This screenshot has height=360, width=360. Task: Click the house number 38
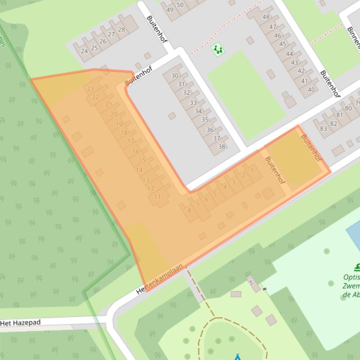point(222,146)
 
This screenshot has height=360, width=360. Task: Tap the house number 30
point(175,76)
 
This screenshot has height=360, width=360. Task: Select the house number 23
point(90,89)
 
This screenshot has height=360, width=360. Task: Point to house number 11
point(157,197)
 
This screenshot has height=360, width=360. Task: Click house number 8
point(189,210)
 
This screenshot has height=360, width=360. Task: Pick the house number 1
point(252,170)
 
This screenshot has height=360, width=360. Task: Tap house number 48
point(266,17)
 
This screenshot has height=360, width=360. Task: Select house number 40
point(311,89)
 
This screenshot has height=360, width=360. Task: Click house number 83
point(323,129)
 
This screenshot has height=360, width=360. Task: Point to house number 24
point(84,51)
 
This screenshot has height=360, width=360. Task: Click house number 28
point(121,30)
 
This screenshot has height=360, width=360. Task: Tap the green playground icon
point(217,49)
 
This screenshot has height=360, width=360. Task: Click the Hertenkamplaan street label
point(159,279)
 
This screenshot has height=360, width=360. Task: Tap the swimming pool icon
point(358,267)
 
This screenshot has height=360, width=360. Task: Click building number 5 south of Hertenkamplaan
point(251,282)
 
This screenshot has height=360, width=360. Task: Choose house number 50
point(180,5)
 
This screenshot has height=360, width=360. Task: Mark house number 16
point(136,151)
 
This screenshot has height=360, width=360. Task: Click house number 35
point(204,120)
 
